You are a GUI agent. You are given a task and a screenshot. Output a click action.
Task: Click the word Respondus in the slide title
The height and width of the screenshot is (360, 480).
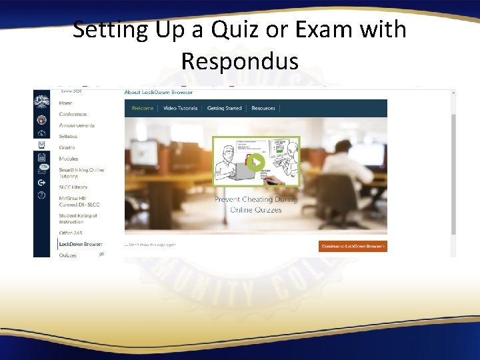click(239, 61)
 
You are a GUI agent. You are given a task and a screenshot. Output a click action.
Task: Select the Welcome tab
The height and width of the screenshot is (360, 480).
click(142, 108)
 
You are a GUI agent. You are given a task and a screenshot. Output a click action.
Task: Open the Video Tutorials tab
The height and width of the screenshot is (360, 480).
click(180, 108)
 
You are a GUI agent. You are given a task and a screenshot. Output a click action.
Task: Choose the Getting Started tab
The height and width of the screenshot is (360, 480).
click(224, 108)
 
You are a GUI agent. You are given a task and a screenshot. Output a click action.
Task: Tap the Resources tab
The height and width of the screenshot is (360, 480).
click(263, 108)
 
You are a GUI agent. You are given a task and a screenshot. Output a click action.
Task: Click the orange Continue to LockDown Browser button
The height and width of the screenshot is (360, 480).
click(353, 246)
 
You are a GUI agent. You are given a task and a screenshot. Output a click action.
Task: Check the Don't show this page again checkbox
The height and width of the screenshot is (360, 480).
click(126, 245)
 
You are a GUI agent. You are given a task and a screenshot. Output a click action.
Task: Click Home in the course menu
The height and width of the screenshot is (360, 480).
click(65, 103)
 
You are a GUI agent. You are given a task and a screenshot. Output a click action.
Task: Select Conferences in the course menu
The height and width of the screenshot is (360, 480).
click(73, 114)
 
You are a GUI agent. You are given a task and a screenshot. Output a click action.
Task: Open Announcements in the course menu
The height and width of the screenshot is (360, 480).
click(77, 125)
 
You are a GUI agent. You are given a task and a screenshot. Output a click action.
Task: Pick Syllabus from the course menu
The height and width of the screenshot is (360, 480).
click(68, 137)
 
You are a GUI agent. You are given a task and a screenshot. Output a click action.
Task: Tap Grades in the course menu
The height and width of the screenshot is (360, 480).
click(67, 148)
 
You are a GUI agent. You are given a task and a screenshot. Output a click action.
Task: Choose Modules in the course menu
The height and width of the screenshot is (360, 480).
click(69, 159)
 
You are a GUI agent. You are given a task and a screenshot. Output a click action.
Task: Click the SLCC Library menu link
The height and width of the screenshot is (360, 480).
click(73, 187)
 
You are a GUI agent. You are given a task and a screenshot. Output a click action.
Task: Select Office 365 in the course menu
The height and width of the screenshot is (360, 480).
click(70, 233)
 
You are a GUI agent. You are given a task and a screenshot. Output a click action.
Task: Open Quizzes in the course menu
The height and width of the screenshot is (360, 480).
click(68, 255)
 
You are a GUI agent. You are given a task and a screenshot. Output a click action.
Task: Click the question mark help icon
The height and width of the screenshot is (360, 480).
click(42, 195)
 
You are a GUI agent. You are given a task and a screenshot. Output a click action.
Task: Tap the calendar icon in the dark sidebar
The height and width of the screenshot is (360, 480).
click(42, 157)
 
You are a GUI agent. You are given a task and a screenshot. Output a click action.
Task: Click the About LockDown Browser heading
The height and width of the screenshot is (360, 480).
click(158, 92)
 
